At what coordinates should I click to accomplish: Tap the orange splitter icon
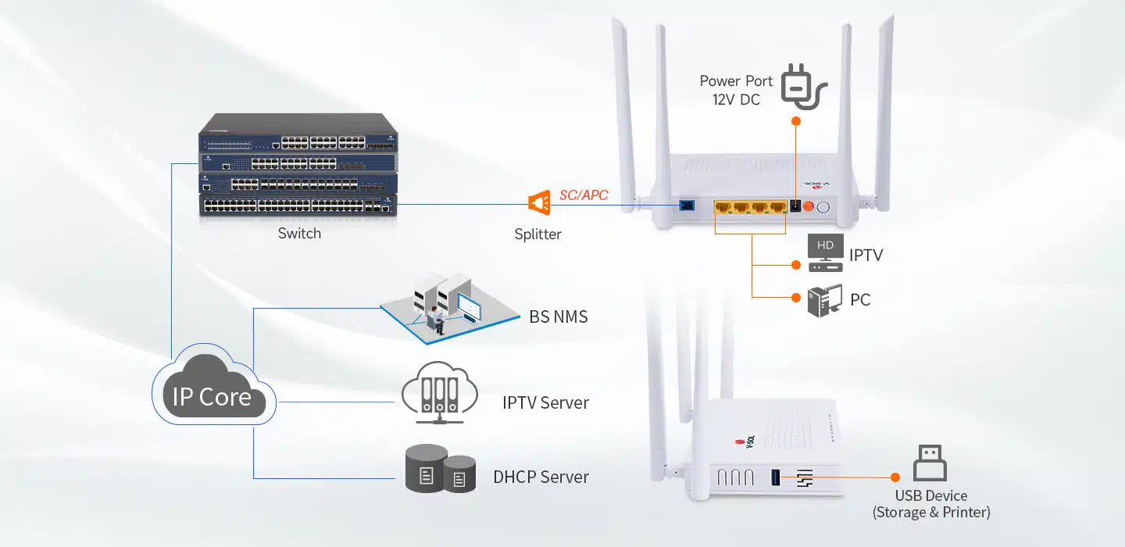(x=539, y=203)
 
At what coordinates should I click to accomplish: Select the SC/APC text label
(x=583, y=195)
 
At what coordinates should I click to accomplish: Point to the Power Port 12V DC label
(x=736, y=90)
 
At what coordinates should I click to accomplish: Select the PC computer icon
(x=825, y=300)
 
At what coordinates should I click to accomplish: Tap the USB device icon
(x=930, y=463)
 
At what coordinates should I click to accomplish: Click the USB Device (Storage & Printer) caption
(x=931, y=504)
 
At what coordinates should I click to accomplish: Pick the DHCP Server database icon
(x=441, y=469)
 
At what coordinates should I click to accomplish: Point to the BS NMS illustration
(x=447, y=306)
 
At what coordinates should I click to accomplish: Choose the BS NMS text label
(x=558, y=316)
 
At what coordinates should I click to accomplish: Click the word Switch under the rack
(x=299, y=234)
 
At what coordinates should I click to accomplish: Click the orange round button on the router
(x=809, y=207)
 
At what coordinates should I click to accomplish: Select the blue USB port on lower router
(x=776, y=477)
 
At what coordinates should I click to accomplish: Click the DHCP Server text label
(x=541, y=477)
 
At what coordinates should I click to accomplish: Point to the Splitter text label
(x=537, y=234)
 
